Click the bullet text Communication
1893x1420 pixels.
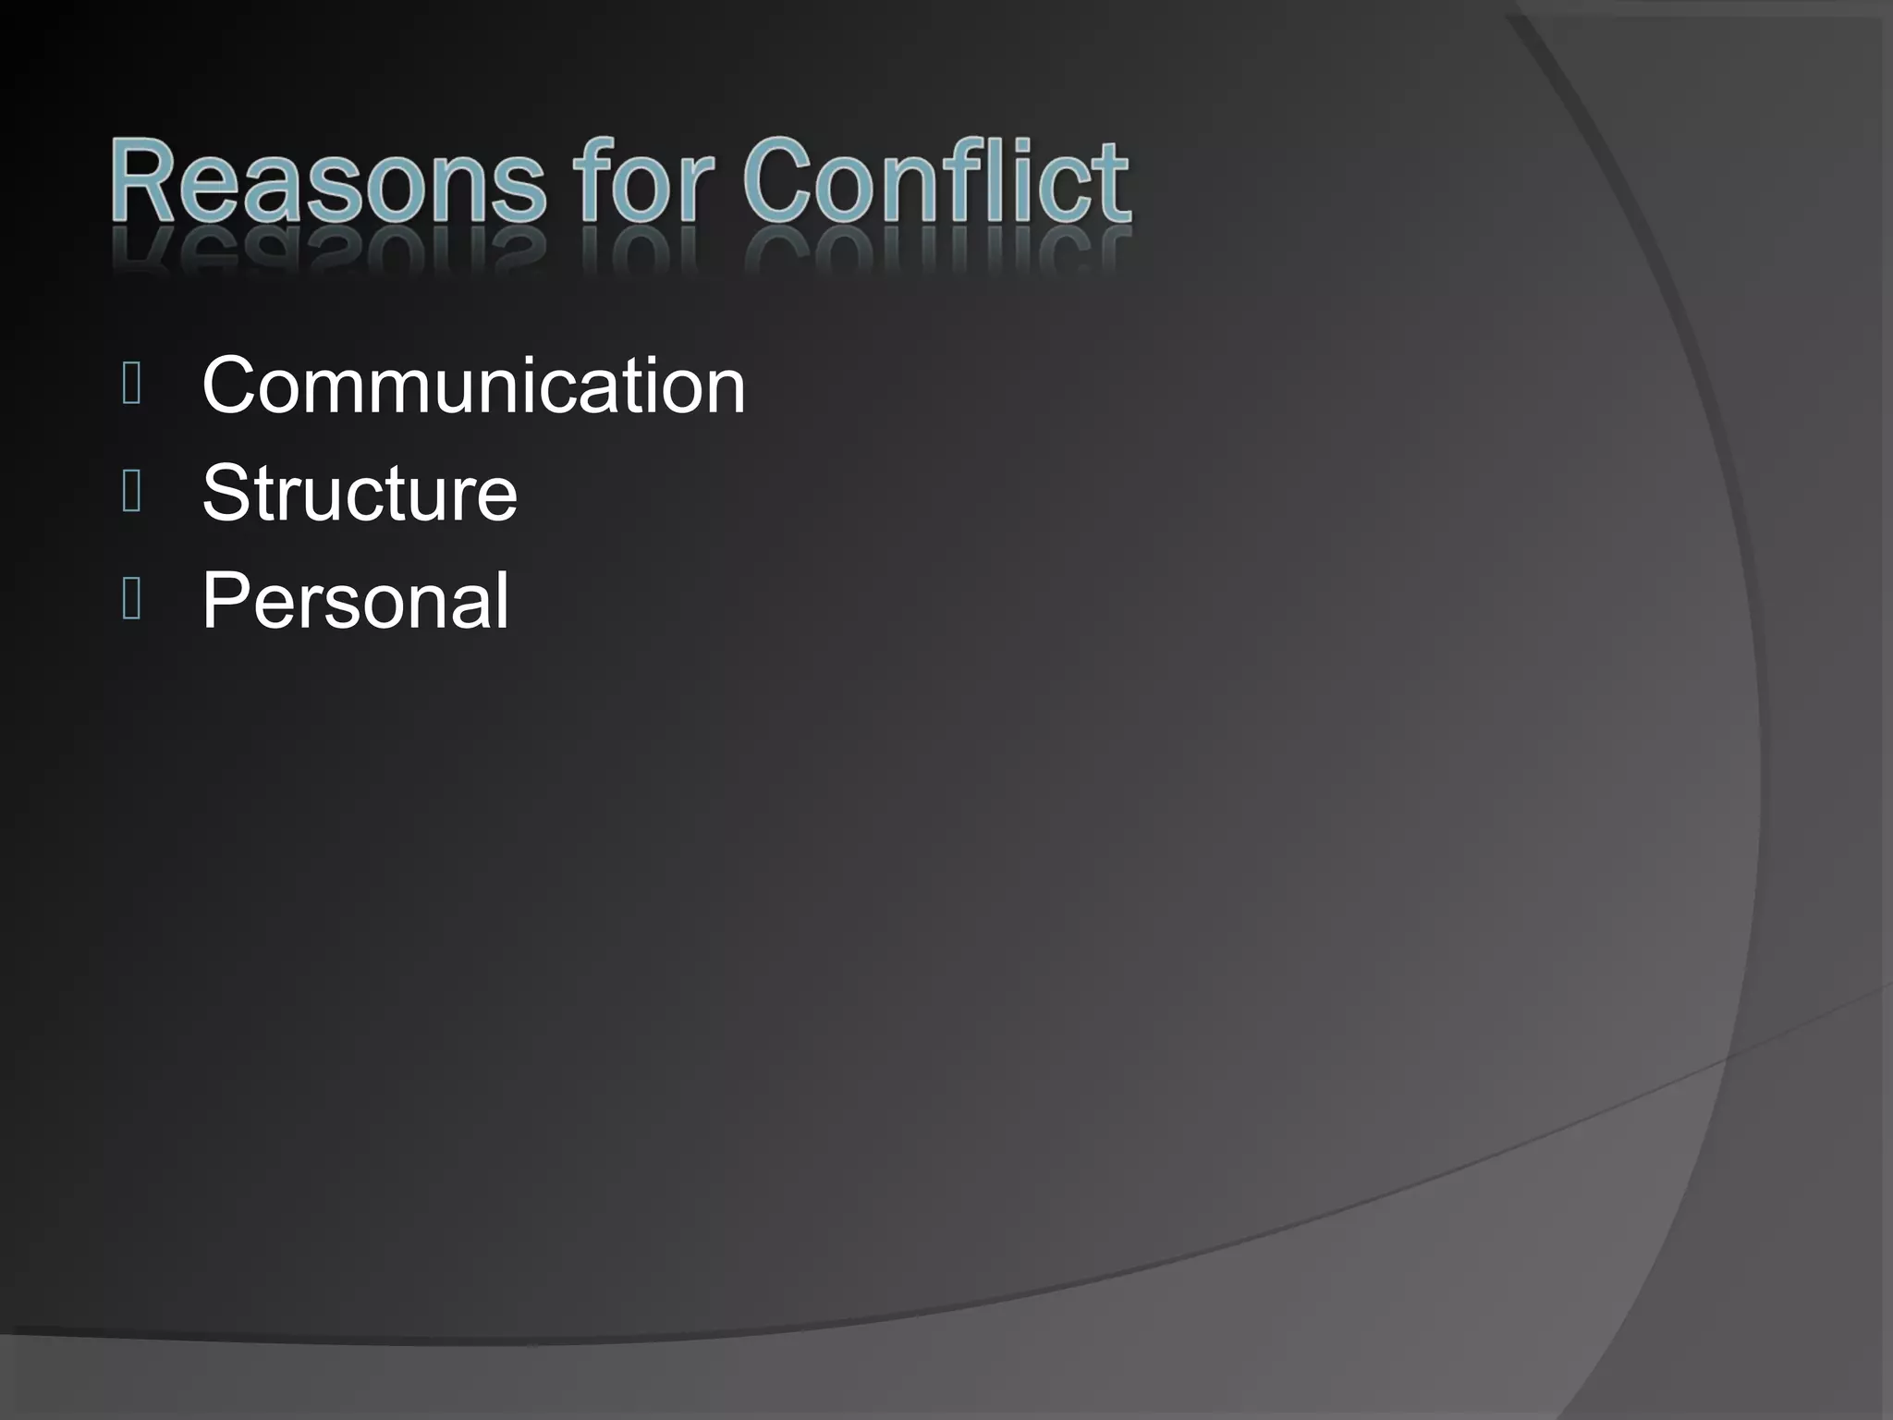coord(473,386)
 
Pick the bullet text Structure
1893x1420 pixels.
coord(360,493)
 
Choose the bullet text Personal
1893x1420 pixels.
coord(355,600)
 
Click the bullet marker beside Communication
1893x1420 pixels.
coord(131,385)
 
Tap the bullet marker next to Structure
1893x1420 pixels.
coord(131,492)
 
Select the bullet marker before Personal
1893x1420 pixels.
coord(131,599)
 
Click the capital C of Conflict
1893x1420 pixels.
coord(782,180)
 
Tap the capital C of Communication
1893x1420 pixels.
coord(233,386)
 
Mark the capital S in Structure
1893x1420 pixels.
coord(227,493)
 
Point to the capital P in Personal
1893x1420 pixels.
coord(227,600)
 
